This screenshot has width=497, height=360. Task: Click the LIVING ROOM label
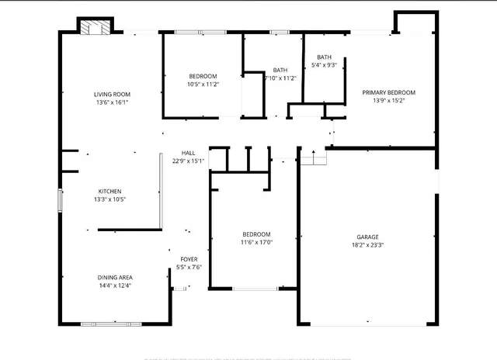(111, 94)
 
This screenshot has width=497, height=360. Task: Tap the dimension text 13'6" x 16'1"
(111, 102)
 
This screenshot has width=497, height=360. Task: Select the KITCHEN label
(109, 192)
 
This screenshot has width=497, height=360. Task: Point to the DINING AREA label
(114, 278)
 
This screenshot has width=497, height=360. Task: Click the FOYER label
(189, 259)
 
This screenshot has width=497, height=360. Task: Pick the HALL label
(188, 153)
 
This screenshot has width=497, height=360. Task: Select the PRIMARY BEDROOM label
(389, 92)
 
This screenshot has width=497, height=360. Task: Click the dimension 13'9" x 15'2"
(389, 100)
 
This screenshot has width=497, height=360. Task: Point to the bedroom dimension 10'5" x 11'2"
(203, 84)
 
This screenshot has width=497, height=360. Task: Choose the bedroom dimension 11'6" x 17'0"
(256, 242)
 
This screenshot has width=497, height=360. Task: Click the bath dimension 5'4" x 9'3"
(324, 65)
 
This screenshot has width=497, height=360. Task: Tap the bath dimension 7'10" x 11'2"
(280, 78)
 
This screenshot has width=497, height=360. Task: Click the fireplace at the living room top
(96, 27)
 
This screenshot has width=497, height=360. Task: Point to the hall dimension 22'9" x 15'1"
(188, 161)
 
